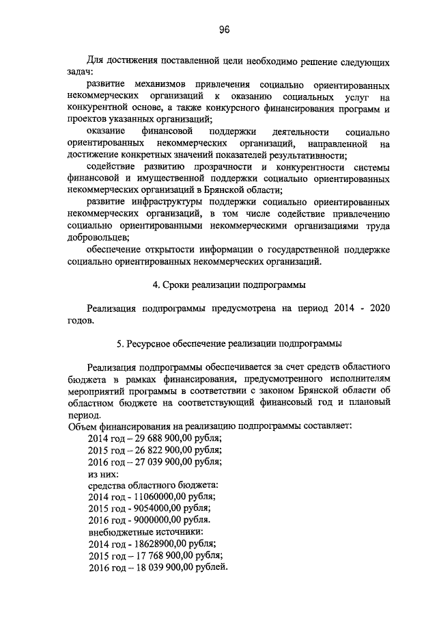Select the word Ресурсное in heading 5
pyautogui.click(x=147, y=343)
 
